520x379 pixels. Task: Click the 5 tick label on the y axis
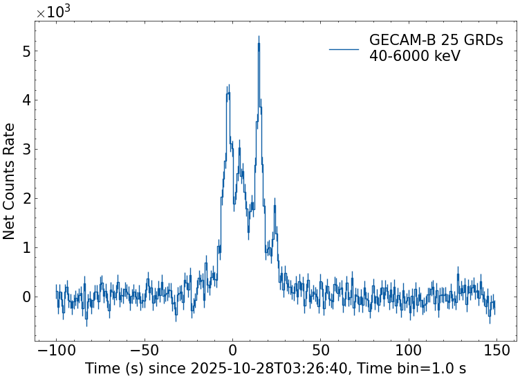point(26,51)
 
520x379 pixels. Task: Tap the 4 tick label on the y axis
point(26,100)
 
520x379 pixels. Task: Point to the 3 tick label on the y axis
point(26,150)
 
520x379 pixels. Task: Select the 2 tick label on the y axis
point(26,199)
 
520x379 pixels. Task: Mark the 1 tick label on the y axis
point(26,248)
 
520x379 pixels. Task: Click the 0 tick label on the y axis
point(26,297)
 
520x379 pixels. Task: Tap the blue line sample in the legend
point(344,49)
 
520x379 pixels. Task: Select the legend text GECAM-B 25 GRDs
point(436,40)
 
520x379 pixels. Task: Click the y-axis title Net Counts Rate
point(10,181)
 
